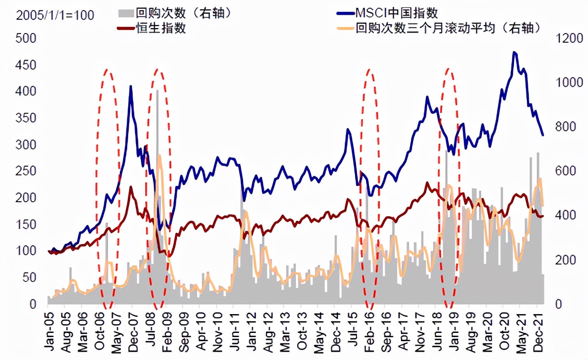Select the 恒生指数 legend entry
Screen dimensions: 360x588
point(161,28)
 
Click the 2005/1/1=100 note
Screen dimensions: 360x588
point(55,15)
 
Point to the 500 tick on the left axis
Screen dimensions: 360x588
point(26,38)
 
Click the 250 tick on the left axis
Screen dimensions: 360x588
point(26,171)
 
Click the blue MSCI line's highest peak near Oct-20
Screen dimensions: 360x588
point(514,52)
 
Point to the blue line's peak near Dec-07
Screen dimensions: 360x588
point(131,86)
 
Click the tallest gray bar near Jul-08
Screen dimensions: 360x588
point(158,90)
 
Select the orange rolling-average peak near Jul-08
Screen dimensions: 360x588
point(159,156)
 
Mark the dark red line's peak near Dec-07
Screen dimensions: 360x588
point(131,186)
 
